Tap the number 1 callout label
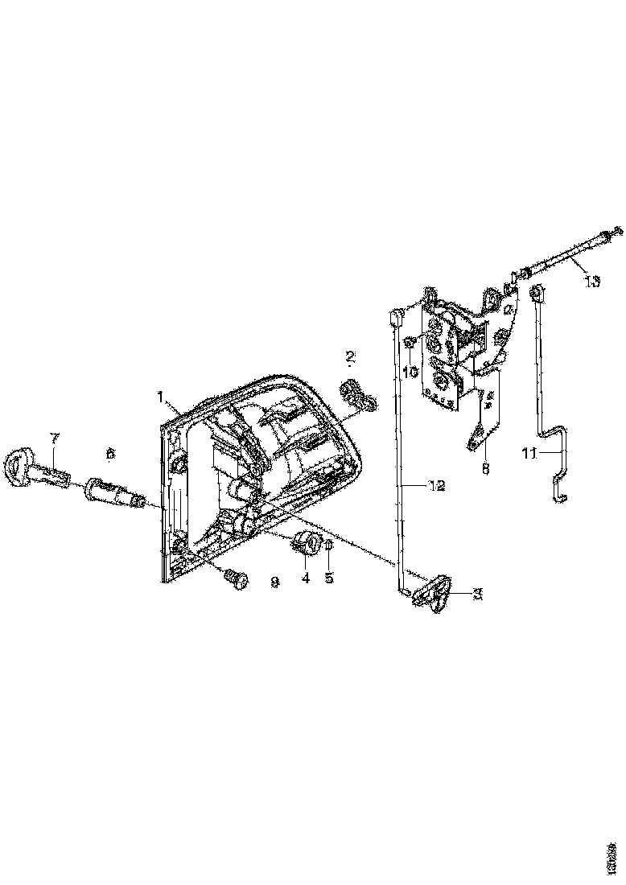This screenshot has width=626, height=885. coord(161,397)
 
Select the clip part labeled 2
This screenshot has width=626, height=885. coord(356,394)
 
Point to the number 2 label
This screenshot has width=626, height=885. coord(351,356)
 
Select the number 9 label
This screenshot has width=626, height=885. coord(274,580)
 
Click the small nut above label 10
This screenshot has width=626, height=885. coord(409,343)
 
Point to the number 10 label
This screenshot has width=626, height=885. coord(410,372)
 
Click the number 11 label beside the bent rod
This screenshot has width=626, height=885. coord(529,454)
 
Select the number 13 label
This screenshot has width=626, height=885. coord(592,282)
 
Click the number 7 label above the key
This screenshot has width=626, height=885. coord(55,438)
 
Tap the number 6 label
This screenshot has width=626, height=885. coord(110,455)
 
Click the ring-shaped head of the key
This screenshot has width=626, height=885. coord(19,466)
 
